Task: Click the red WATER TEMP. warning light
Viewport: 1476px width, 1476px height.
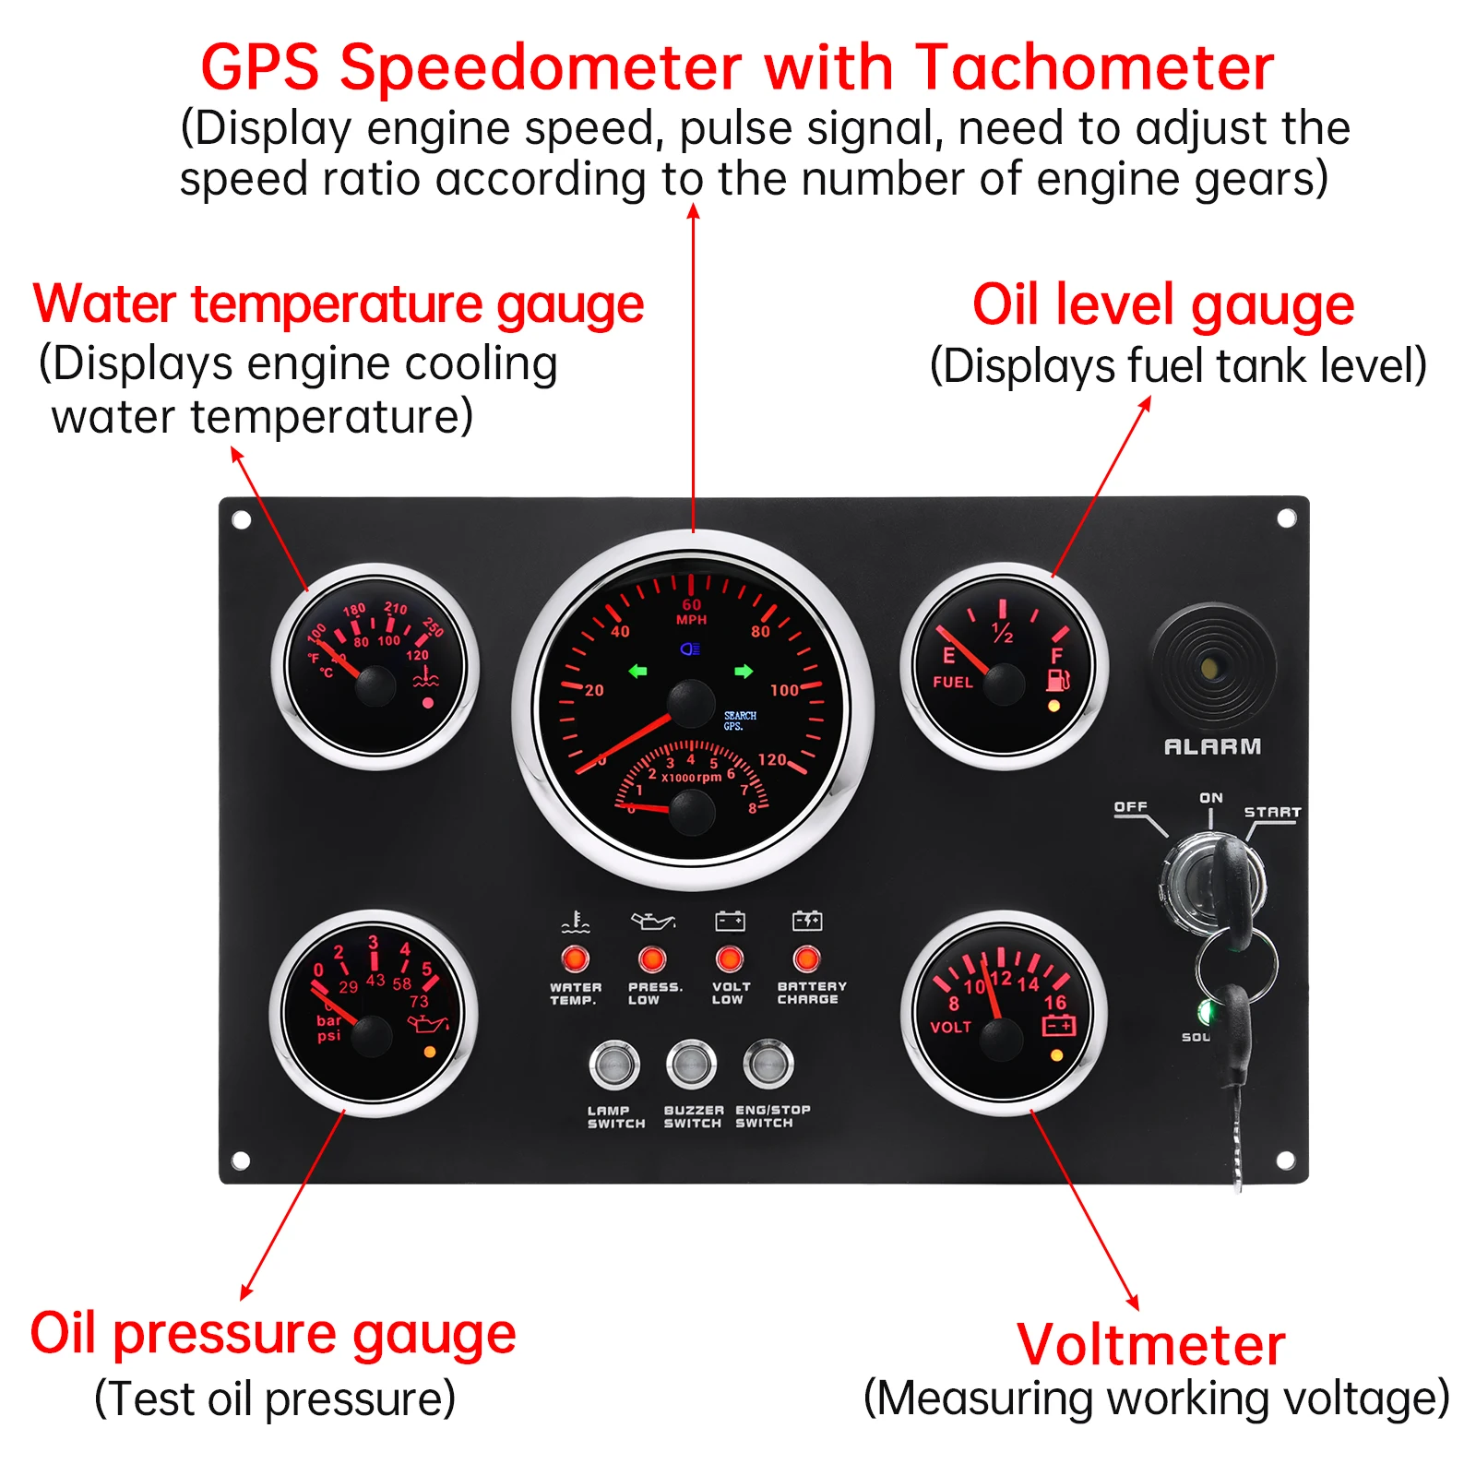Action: (576, 959)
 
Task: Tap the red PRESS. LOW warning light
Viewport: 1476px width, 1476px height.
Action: (652, 959)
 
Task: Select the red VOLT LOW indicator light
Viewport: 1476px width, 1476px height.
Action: (730, 959)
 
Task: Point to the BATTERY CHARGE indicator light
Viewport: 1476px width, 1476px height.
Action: (806, 959)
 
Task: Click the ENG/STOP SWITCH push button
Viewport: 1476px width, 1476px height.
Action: (768, 1065)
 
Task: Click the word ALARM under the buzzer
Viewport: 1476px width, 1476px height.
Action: (1212, 746)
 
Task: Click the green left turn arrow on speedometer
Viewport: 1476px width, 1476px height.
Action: (638, 672)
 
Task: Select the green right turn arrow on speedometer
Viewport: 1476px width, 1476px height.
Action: (744, 672)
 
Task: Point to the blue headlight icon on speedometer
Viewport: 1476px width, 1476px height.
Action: (690, 649)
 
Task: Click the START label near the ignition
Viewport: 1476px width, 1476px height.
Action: (1272, 812)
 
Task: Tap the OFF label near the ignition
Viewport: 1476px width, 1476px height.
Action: (1130, 807)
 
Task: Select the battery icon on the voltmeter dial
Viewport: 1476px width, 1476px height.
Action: (1058, 1026)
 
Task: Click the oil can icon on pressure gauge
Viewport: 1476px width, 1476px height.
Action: (429, 1023)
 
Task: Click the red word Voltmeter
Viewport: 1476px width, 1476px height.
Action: (1150, 1345)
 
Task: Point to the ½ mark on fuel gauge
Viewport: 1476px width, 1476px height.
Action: (1003, 633)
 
